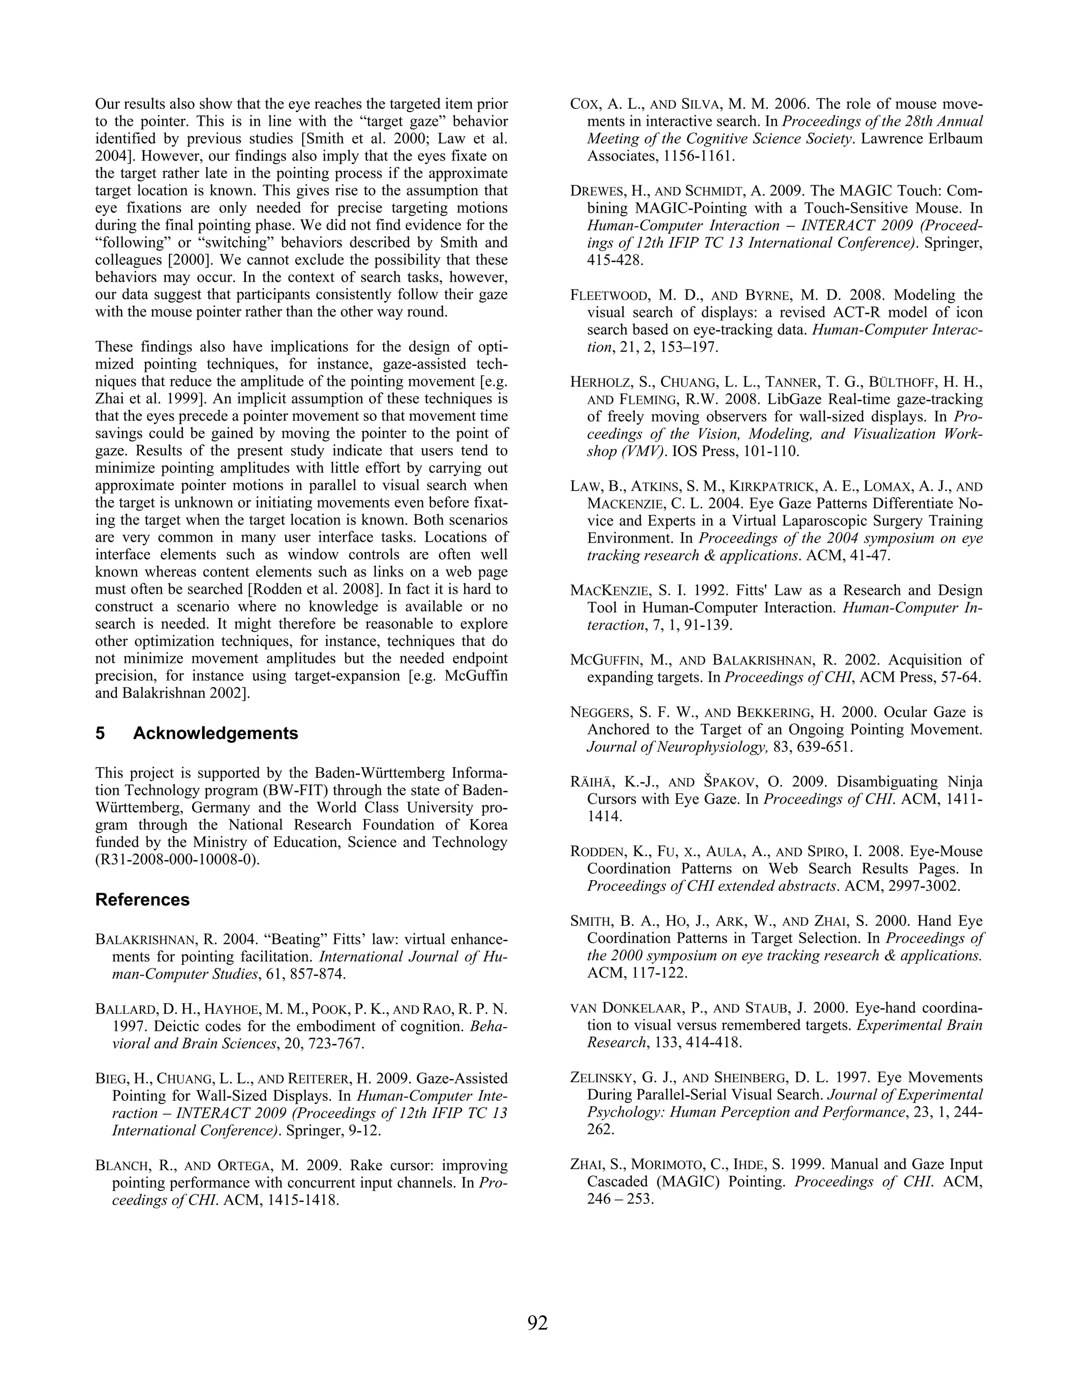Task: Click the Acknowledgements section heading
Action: [x=215, y=733]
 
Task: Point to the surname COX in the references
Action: [x=585, y=104]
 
